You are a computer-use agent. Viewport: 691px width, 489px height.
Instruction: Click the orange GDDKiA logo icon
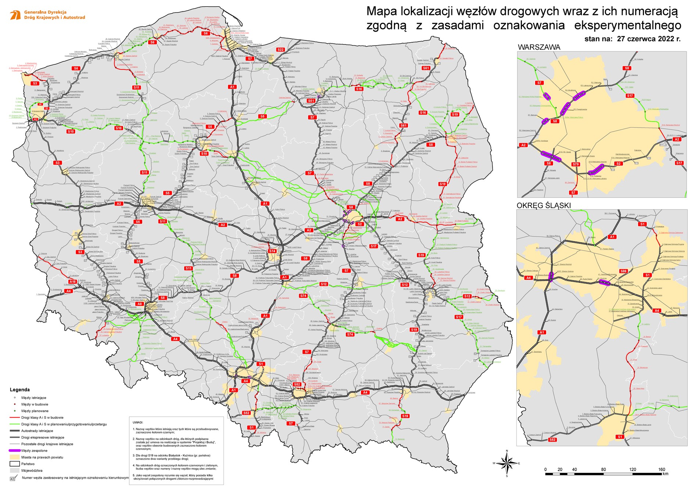point(15,15)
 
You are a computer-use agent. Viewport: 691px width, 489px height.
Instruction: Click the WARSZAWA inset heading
point(539,47)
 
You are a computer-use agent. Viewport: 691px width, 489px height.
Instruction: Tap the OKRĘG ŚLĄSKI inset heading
point(544,206)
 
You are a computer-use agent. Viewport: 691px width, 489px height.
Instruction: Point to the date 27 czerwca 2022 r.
point(648,39)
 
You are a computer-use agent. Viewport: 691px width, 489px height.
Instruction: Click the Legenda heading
point(19,390)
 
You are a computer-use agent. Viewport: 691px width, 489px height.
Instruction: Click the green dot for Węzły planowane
point(15,411)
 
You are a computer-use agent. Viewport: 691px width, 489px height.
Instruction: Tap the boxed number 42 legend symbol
point(12,479)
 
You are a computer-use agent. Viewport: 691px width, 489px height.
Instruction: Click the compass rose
point(507,463)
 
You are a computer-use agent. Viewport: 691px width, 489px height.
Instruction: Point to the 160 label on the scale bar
point(662,470)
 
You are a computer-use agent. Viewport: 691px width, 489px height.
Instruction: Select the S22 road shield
point(281,50)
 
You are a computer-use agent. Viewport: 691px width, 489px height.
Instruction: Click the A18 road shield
point(72,282)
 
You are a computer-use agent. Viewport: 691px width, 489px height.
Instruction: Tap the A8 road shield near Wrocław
point(140,304)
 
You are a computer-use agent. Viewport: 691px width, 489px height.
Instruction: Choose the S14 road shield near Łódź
point(272,251)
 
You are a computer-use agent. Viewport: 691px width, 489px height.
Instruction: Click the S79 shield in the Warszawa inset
point(576,164)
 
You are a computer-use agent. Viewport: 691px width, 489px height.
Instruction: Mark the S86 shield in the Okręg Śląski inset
point(623,271)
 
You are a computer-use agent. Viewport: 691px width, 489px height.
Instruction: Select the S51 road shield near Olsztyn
point(311,100)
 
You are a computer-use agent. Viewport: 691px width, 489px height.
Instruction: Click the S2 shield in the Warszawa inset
point(618,164)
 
